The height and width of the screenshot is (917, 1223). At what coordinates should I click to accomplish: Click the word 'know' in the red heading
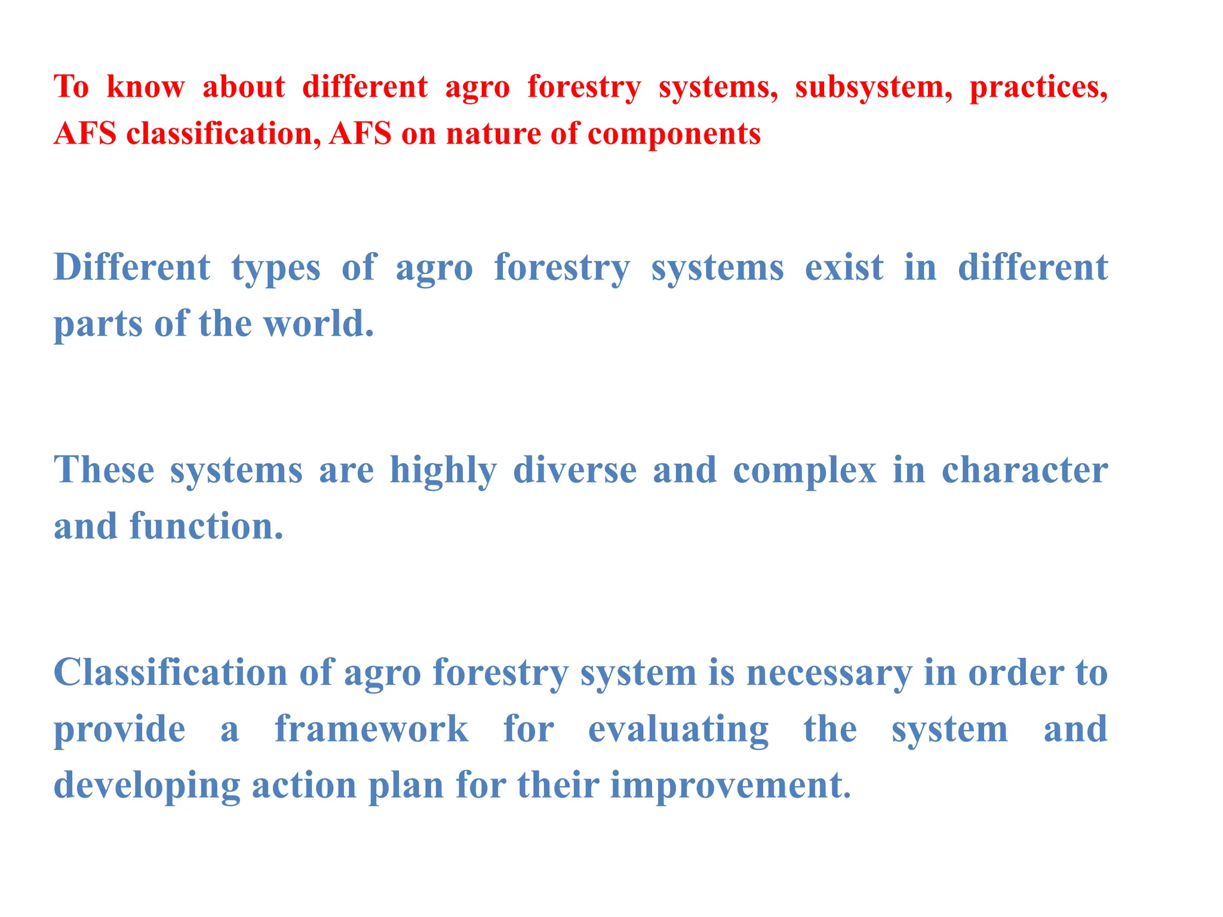point(146,87)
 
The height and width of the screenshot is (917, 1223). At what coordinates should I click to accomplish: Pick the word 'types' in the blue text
point(275,269)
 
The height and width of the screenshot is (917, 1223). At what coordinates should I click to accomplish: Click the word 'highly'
point(443,472)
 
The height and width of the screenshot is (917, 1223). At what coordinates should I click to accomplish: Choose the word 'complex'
point(804,472)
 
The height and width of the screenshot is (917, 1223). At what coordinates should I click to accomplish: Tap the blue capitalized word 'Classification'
point(171,673)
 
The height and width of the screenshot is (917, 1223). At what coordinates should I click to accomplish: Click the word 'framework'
point(371,729)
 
